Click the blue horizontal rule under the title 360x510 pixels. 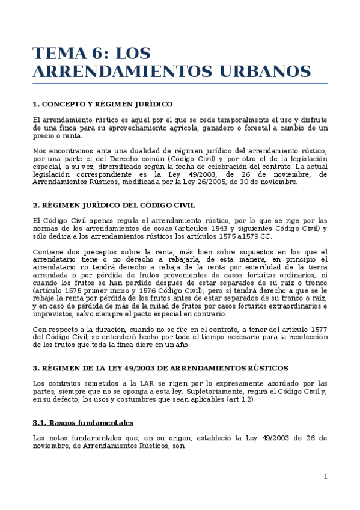point(180,83)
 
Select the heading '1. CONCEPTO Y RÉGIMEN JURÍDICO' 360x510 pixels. point(103,104)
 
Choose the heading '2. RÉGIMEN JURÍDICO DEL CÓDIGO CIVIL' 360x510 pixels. point(114,205)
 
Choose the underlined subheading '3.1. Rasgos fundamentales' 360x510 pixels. point(83,423)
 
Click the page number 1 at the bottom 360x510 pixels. point(325,477)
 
